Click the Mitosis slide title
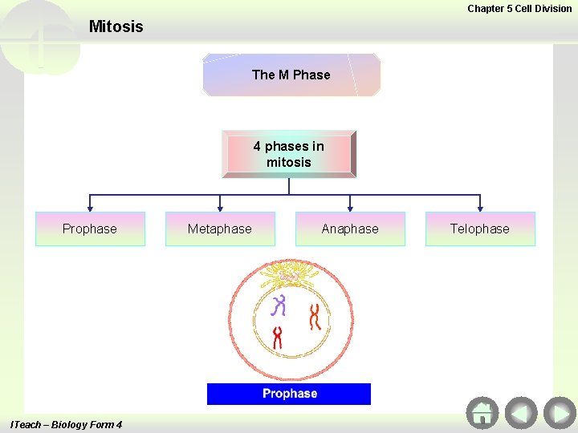click(x=116, y=26)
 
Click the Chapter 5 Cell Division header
click(x=519, y=9)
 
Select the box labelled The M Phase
click(x=291, y=75)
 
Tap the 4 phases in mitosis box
click(x=289, y=154)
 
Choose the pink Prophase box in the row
click(x=90, y=229)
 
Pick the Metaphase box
click(x=220, y=229)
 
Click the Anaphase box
click(x=350, y=229)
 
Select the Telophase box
click(x=480, y=229)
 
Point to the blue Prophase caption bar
click(x=289, y=394)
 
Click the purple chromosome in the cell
click(x=279, y=306)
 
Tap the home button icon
click(x=482, y=413)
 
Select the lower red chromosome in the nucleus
click(x=278, y=337)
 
